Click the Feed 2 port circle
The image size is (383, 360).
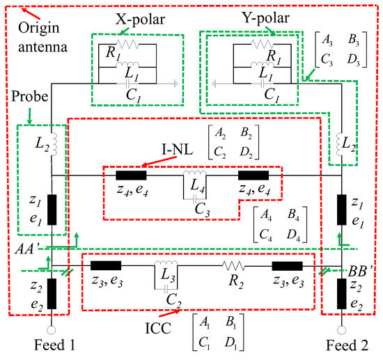click(x=341, y=330)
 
